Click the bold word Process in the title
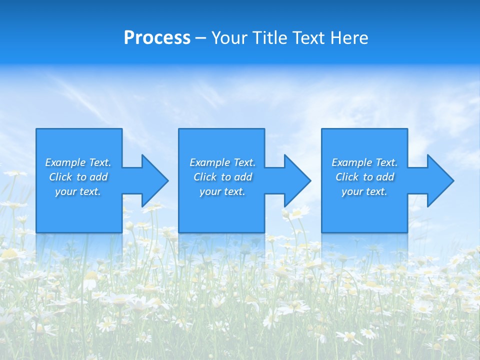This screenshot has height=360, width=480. (x=156, y=38)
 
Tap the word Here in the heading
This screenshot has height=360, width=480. (x=348, y=38)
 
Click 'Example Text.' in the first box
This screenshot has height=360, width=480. (x=78, y=162)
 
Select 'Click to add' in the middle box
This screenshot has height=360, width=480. (x=222, y=177)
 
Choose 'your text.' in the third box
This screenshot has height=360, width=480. (x=364, y=191)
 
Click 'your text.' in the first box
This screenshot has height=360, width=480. (x=78, y=191)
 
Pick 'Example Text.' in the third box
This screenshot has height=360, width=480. (x=364, y=162)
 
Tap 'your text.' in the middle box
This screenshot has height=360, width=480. (x=222, y=191)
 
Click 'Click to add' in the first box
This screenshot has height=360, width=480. (x=78, y=177)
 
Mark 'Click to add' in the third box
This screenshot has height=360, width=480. (x=364, y=177)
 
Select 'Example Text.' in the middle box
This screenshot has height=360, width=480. (x=222, y=162)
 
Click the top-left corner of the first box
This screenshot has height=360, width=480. (x=36, y=129)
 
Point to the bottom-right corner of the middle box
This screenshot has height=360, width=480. (x=264, y=232)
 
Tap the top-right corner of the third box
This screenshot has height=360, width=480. (x=407, y=129)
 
